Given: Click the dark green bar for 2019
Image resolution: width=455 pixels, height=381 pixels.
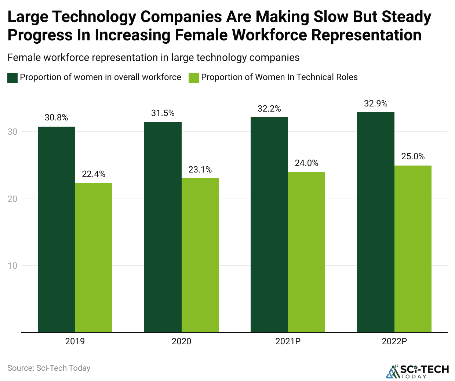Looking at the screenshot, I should tap(57, 229).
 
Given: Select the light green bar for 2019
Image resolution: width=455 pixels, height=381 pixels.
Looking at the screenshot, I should tap(94, 257).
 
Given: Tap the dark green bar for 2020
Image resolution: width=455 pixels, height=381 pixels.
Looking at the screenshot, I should tap(163, 227).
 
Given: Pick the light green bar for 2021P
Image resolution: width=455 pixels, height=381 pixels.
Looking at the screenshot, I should tap(306, 252).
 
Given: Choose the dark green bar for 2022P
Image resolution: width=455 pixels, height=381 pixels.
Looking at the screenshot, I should tap(375, 222).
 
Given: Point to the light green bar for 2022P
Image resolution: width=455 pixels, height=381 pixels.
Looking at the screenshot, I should tap(413, 249).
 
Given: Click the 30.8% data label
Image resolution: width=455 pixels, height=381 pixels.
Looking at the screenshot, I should tap(57, 117).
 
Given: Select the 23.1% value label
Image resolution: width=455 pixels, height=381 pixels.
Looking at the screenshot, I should tap(200, 170).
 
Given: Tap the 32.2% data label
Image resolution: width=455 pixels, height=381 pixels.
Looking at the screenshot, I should tap(269, 109).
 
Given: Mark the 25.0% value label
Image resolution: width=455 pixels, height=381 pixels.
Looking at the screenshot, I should tap(413, 157).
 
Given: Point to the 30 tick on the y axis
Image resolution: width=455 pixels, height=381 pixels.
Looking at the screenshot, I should tap(12, 132).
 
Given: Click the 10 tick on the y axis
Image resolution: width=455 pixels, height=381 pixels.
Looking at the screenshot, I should tap(12, 266).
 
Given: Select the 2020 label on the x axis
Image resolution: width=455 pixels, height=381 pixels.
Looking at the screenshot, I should tap(181, 341).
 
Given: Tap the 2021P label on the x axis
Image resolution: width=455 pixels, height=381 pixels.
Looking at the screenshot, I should tap(288, 341).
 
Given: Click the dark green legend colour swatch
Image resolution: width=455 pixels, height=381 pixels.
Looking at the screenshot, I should tap(12, 77).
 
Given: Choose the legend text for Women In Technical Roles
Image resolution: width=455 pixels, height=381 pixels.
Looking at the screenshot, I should tap(279, 77).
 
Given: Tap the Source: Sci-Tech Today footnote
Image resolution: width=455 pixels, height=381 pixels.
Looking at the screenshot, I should tap(49, 368).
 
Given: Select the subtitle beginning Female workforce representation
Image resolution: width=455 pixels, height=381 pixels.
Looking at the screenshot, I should tap(153, 58).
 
